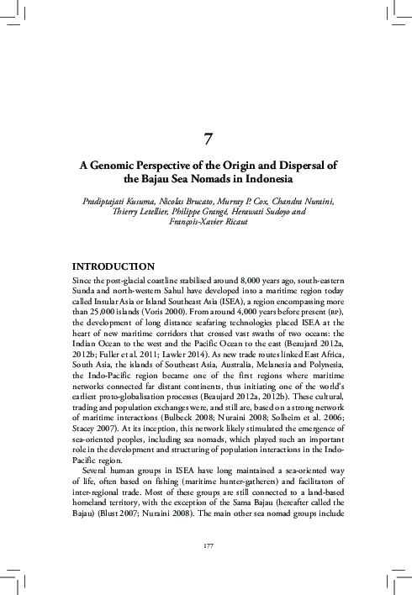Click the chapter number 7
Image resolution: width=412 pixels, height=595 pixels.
[x=206, y=138]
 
